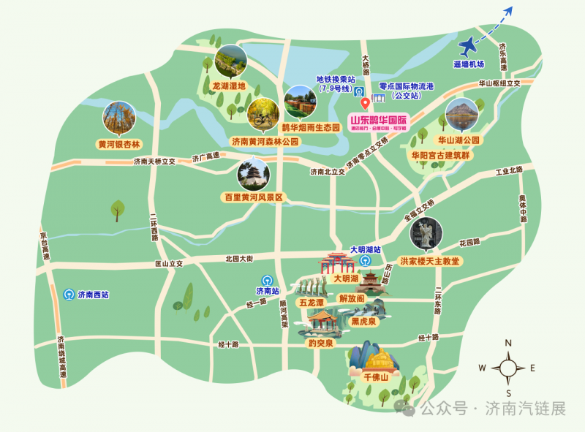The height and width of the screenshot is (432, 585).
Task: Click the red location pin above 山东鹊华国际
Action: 365,104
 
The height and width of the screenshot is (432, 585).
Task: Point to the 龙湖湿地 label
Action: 228,86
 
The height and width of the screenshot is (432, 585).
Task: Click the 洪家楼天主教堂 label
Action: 429,261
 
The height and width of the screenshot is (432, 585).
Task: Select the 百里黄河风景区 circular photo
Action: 253,175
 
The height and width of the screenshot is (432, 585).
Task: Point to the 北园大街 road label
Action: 238,258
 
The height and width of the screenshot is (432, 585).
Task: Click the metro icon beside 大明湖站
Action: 365,260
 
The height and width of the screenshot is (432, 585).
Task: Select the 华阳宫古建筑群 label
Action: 441,155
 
